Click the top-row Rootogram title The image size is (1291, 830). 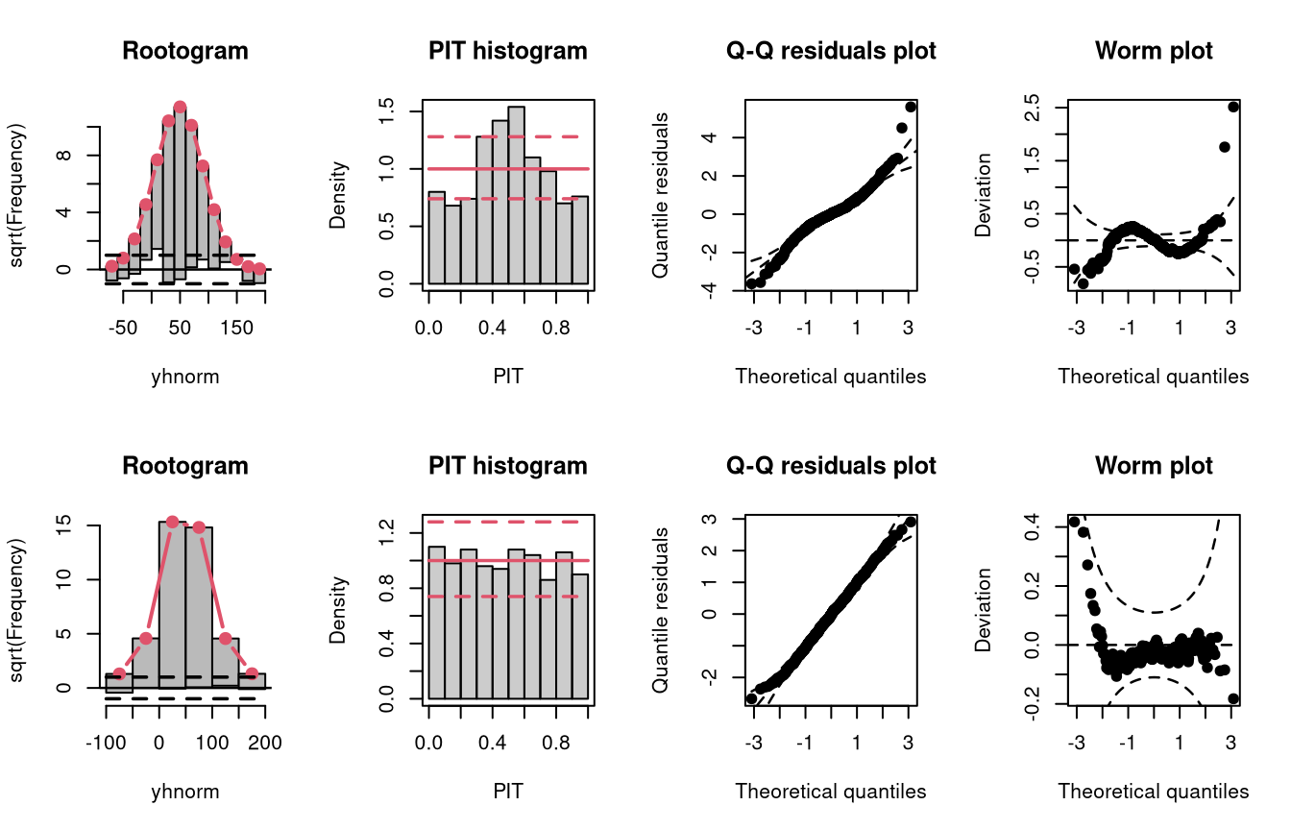pos(185,51)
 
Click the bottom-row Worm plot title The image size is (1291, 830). pos(1154,466)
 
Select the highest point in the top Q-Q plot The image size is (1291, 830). pos(911,107)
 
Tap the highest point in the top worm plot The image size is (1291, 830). pos(1233,107)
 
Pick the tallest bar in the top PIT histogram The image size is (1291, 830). pos(517,195)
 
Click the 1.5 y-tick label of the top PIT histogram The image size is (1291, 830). pos(386,111)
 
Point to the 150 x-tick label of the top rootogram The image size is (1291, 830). pos(237,328)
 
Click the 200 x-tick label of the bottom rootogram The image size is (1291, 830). pos(265,743)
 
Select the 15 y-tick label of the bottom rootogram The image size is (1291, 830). pos(63,525)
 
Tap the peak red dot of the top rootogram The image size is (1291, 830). pos(180,108)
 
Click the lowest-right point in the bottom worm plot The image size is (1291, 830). pos(1233,698)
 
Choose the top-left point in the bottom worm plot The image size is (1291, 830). pos(1074,522)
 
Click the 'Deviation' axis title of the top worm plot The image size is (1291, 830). pos(983,195)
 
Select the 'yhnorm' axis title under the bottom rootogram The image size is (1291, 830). pos(185,792)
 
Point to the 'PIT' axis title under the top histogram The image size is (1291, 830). pos(508,377)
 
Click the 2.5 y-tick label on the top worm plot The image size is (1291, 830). pos(1032,108)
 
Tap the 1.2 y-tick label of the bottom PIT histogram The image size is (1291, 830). pos(386,532)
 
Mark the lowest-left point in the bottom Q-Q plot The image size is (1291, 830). pos(751,698)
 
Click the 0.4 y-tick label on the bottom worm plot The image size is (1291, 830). pos(1032,526)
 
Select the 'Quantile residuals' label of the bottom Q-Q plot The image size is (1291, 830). pos(660,610)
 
